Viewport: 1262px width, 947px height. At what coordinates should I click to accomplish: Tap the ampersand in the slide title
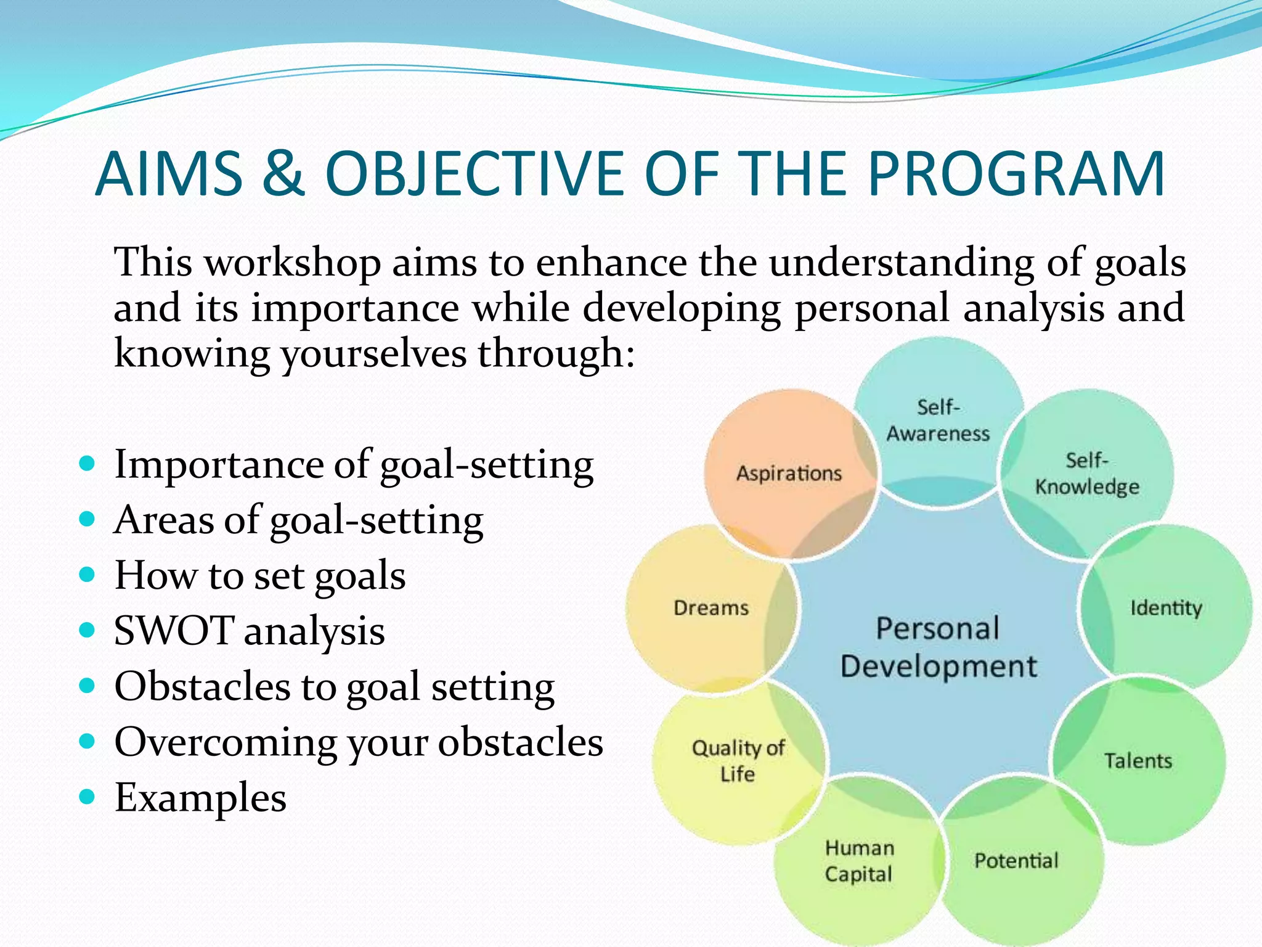283,174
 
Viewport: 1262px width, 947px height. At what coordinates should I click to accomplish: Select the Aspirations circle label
789,473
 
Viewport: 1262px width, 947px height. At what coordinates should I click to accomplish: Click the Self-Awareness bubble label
938,420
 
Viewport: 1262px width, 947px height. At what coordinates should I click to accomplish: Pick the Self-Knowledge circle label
1087,473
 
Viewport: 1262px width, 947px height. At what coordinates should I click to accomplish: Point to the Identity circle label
1166,608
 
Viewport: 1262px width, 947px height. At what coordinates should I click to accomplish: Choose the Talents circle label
1138,761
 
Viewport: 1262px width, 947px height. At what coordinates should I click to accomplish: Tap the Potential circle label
1016,860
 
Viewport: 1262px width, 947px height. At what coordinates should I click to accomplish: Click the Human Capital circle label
859,861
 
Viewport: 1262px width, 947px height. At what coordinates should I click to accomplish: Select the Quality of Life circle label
738,761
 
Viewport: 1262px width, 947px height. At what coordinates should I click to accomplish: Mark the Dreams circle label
711,608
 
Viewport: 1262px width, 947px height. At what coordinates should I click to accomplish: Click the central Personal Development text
938,647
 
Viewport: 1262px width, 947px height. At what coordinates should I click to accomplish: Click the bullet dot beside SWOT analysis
88,630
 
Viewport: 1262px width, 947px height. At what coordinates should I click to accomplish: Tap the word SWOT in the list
173,631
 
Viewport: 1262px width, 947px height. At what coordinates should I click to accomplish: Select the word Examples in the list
200,798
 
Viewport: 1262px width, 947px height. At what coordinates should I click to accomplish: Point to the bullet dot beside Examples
88,797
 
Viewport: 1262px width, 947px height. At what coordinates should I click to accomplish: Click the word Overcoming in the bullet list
226,742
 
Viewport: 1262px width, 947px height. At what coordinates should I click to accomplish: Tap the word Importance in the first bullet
219,465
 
